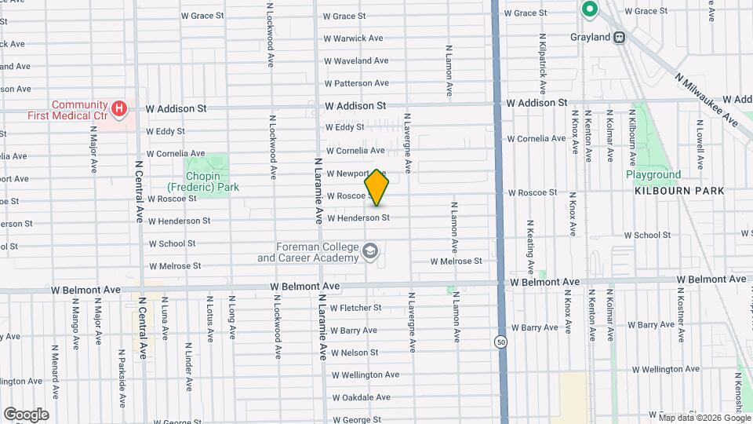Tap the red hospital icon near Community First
tap(119, 108)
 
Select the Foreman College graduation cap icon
tap(369, 252)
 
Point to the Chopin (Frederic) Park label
tap(202, 181)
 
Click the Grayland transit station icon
tap(620, 36)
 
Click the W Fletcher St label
tap(355, 308)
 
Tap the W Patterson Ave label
tap(356, 83)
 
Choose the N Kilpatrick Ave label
tap(541, 60)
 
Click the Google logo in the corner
tap(25, 414)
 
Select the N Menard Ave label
tap(54, 369)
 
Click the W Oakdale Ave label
tap(361, 397)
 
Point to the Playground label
tap(653, 174)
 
